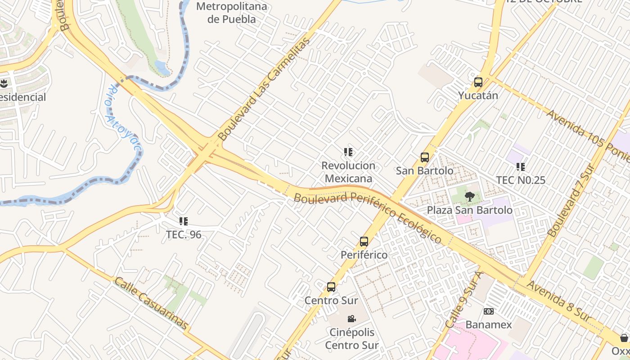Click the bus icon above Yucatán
tap(478, 83)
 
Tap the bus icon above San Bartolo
tap(424, 157)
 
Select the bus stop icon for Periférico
tap(364, 242)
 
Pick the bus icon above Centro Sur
tap(331, 287)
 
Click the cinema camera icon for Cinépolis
tap(351, 319)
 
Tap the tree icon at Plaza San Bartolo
tap(469, 196)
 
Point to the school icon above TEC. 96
tap(183, 221)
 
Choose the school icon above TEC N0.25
tap(521, 167)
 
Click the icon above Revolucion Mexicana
tap(348, 152)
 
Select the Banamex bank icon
tap(488, 311)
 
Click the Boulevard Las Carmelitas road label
tap(264, 89)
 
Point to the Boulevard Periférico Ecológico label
tap(368, 218)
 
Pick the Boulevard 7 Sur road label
tap(571, 201)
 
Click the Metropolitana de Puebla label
tap(232, 13)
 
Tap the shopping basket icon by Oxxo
tap(624, 337)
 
